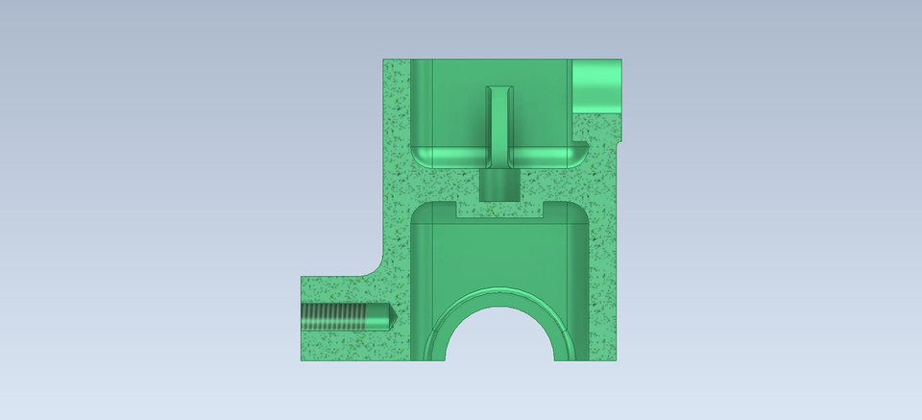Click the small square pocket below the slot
tap(498, 183)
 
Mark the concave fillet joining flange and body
tap(373, 267)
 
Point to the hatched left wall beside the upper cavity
tap(397, 144)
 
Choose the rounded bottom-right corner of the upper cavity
tap(577, 154)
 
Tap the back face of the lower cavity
tap(499, 255)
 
